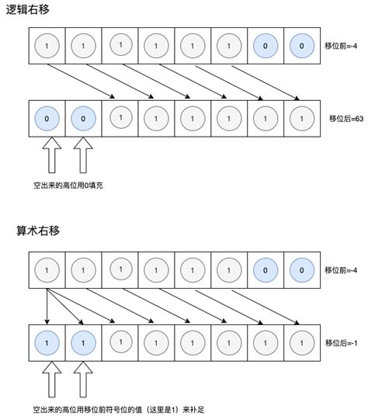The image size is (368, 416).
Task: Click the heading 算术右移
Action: click(x=37, y=231)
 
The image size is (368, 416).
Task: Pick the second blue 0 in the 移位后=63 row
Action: click(x=83, y=120)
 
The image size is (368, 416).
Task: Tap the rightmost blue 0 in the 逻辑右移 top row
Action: click(x=302, y=46)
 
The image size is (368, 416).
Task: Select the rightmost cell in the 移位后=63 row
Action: click(x=302, y=120)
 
